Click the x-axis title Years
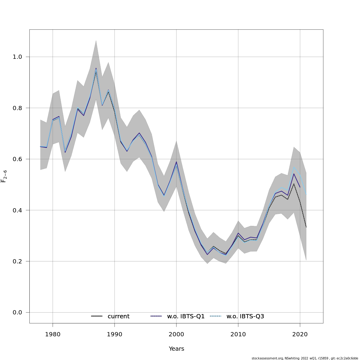[176, 349]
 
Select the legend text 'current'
[118, 316]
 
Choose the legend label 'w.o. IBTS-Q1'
[186, 316]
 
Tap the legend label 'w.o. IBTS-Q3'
[245, 316]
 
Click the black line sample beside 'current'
[97, 316]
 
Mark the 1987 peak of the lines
[96, 69]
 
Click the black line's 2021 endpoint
[306, 227]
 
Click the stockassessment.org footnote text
[305, 358]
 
